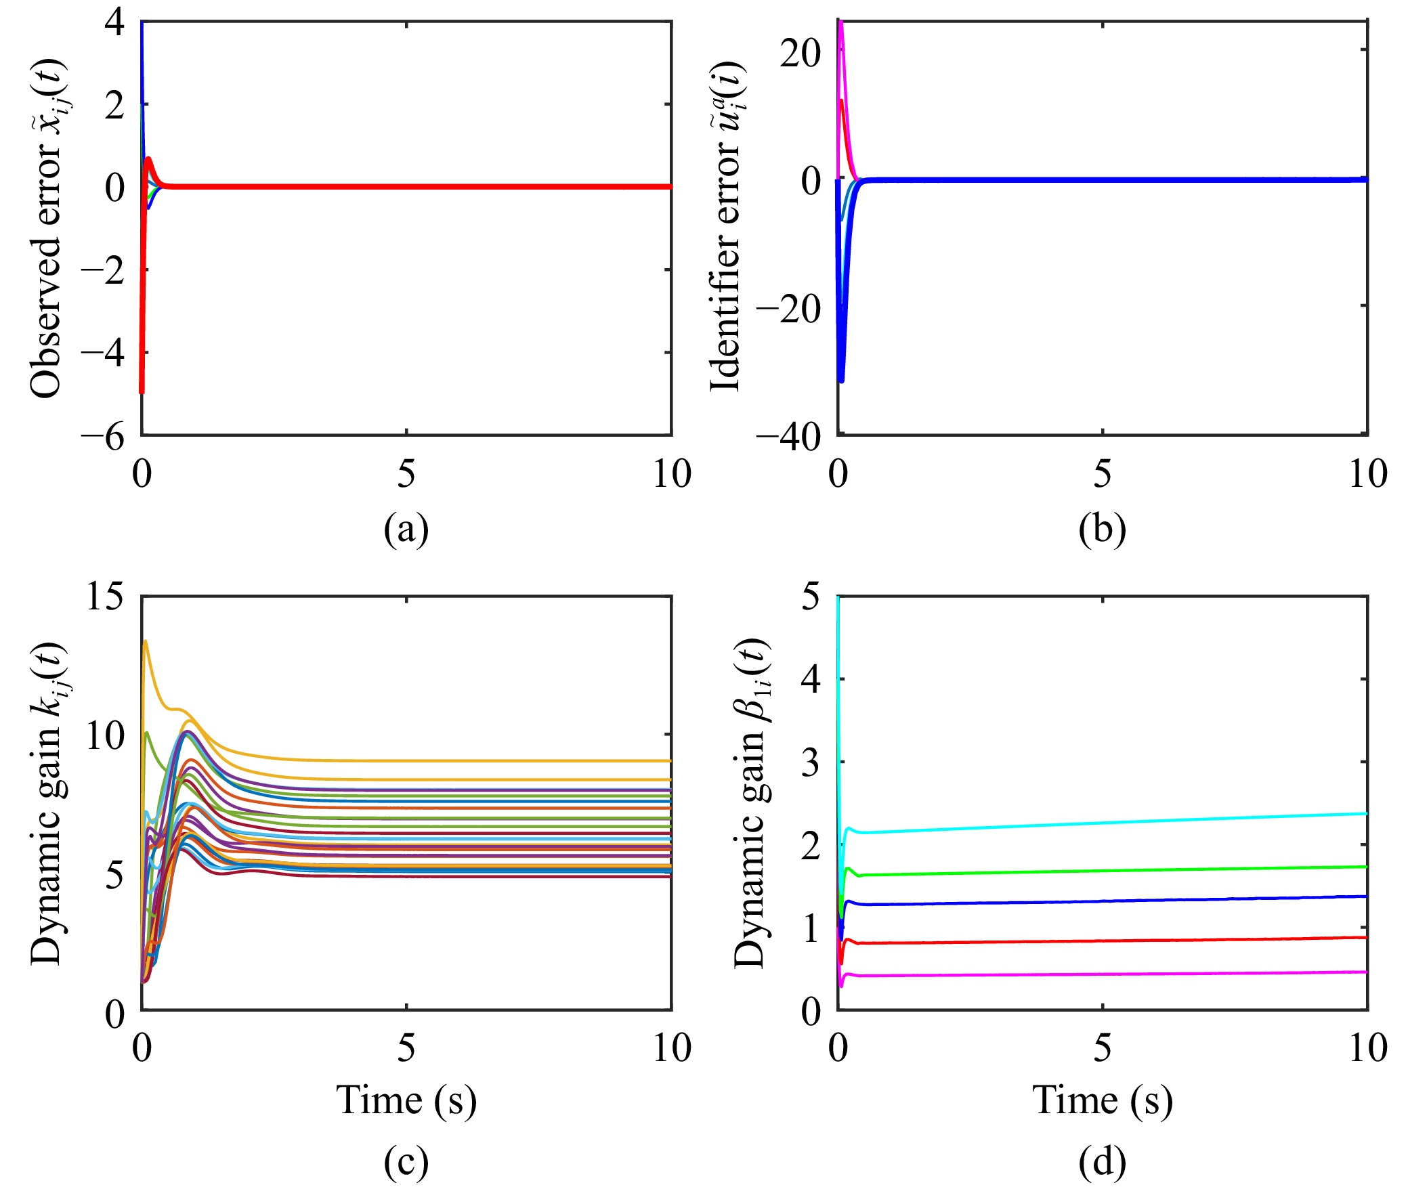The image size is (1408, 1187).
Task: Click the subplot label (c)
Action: [x=406, y=1162]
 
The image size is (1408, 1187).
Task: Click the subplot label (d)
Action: [x=1102, y=1162]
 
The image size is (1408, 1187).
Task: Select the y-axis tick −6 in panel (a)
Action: [x=103, y=437]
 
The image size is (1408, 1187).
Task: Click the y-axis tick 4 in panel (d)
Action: [x=810, y=679]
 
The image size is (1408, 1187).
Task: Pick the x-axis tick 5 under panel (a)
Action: [x=406, y=474]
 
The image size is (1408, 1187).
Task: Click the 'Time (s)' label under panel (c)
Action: [x=406, y=1100]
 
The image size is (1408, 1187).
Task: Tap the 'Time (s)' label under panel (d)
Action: [x=1102, y=1100]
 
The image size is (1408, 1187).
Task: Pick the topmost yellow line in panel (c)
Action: [x=474, y=760]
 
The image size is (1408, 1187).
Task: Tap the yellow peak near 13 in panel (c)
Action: [x=145, y=641]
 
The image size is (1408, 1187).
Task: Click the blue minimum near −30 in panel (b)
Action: [x=841, y=381]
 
